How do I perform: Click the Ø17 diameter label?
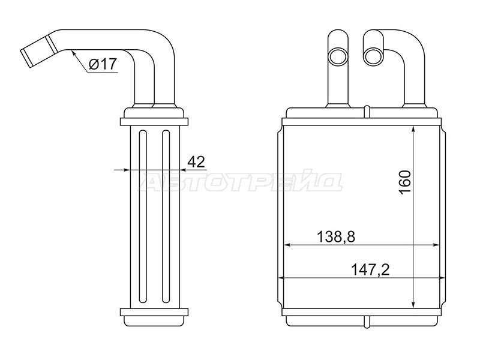103,64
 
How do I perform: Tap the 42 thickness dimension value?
196,161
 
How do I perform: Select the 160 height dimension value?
404,182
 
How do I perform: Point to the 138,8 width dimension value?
335,236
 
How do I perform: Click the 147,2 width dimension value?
370,270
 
